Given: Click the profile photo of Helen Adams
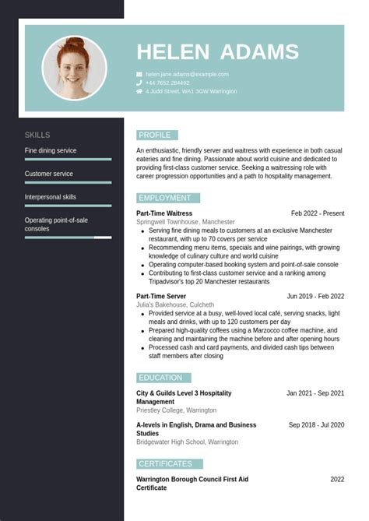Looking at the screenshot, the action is click(x=74, y=68).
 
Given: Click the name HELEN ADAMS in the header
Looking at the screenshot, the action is click(x=217, y=52).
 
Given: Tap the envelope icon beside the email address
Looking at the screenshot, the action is click(x=139, y=74).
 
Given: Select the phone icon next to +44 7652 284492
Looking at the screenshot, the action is click(x=139, y=83).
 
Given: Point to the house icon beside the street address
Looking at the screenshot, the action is click(x=139, y=91).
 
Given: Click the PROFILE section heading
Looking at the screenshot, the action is click(x=156, y=135).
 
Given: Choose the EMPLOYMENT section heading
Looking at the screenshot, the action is click(x=166, y=198).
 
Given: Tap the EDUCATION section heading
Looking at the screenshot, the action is click(x=162, y=378).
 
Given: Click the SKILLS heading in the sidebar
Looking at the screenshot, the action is click(x=37, y=135).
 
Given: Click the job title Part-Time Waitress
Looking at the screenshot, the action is click(x=164, y=213).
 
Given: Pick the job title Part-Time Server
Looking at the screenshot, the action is click(x=161, y=296).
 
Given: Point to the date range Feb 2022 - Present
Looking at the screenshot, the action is click(x=318, y=213).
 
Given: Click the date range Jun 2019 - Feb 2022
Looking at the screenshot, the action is click(x=315, y=296).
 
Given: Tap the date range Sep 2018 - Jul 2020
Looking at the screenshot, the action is click(x=316, y=425).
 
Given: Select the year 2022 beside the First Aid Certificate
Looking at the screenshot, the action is click(x=337, y=480).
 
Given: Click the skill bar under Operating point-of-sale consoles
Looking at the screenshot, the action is click(x=68, y=237).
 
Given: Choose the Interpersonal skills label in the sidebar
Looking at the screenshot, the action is click(x=51, y=197).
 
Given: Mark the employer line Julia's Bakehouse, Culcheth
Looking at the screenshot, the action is click(x=175, y=305).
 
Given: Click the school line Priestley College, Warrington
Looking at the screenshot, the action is click(x=176, y=410).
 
